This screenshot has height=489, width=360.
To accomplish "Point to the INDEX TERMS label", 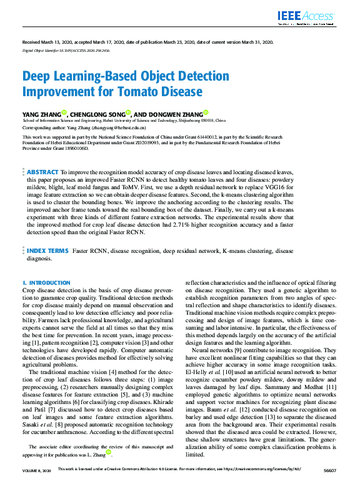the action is click(48, 250).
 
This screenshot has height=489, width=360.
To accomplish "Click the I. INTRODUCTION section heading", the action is click(42, 282).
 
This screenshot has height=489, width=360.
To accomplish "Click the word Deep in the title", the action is click(40, 77).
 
